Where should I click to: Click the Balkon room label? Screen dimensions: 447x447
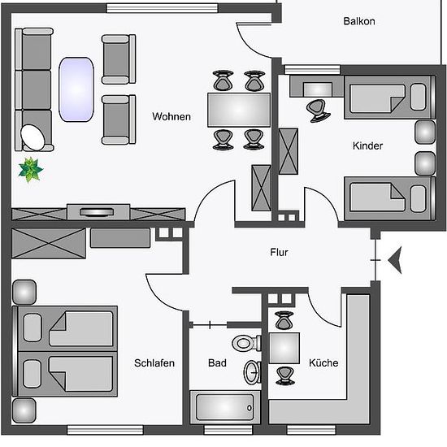pyautogui.click(x=359, y=21)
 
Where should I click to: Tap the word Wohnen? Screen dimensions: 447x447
pyautogui.click(x=171, y=116)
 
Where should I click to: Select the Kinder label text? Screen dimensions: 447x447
pyautogui.click(x=367, y=146)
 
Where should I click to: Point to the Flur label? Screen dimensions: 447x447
pyautogui.click(x=279, y=252)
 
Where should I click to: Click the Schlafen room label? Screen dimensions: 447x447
pyautogui.click(x=154, y=363)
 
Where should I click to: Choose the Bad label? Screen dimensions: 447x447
pyautogui.click(x=217, y=363)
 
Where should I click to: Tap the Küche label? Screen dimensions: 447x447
pyautogui.click(x=323, y=362)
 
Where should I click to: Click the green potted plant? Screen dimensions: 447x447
pyautogui.click(x=31, y=170)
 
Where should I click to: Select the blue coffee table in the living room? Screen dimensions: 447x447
pyautogui.click(x=76, y=89)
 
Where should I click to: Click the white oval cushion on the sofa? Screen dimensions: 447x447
pyautogui.click(x=33, y=137)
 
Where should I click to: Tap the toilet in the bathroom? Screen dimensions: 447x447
pyautogui.click(x=246, y=343)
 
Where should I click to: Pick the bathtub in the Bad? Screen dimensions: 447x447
pyautogui.click(x=225, y=407)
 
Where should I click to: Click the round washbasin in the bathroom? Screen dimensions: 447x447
pyautogui.click(x=252, y=372)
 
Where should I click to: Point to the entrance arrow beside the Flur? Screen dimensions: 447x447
pyautogui.click(x=395, y=260)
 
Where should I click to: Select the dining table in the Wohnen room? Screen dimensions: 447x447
pyautogui.click(x=239, y=110)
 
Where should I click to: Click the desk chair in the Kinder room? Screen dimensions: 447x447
pyautogui.click(x=319, y=111)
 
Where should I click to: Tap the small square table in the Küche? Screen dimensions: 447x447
pyautogui.click(x=284, y=348)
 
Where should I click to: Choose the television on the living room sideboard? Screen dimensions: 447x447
pyautogui.click(x=97, y=212)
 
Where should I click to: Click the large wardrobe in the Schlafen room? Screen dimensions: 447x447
pyautogui.click(x=49, y=243)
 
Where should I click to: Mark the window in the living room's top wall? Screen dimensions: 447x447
pyautogui.click(x=163, y=8)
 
